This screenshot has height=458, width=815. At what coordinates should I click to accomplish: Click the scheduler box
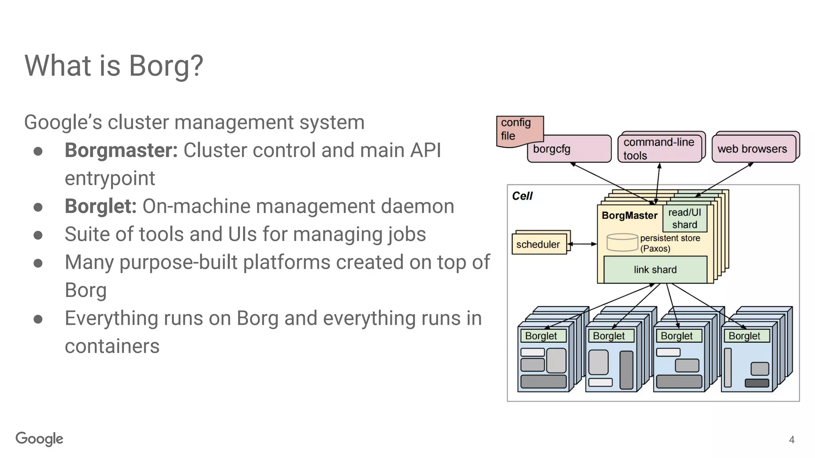(x=538, y=245)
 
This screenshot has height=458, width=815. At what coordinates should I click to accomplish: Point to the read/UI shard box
(x=684, y=219)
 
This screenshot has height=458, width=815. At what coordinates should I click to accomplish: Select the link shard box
(x=655, y=270)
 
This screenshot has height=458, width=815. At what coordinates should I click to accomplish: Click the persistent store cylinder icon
(x=622, y=243)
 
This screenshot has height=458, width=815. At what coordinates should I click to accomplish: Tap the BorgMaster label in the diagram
(x=629, y=216)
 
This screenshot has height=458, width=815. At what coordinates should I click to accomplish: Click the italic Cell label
(x=522, y=196)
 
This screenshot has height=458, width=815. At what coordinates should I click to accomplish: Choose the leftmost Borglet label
(x=541, y=336)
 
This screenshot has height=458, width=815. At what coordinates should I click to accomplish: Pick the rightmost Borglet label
(x=745, y=336)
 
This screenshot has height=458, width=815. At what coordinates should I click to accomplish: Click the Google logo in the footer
(x=39, y=439)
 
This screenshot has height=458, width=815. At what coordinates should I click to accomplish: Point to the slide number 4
(x=792, y=440)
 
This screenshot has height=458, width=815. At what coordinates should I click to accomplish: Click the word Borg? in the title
(x=166, y=66)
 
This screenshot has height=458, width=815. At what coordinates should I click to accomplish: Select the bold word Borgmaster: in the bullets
(x=121, y=150)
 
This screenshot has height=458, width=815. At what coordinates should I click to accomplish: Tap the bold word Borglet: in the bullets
(x=101, y=206)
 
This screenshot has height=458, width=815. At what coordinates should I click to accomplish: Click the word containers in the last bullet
(x=112, y=346)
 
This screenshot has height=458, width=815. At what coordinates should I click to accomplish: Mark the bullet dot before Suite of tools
(x=38, y=235)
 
